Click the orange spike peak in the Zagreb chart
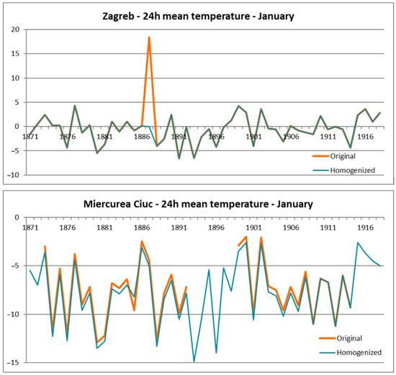click(x=149, y=37)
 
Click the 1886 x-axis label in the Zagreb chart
click(x=142, y=136)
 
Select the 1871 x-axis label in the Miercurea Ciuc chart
click(x=30, y=227)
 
